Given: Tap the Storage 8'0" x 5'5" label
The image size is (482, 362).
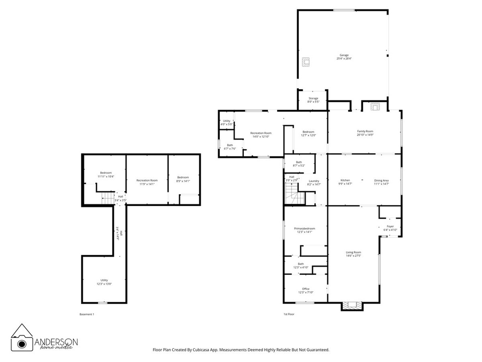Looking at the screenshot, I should coord(313,100).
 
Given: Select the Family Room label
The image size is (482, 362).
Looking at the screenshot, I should coord(365,133).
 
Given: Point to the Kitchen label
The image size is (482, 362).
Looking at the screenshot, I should coord(345,182).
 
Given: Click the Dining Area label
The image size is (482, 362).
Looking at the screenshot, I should coord(381,182).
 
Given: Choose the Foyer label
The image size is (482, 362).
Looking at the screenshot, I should coord(390,228).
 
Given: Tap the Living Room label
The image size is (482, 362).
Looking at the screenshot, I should coord(353,254).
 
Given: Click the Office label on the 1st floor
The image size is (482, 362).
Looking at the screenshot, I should coord(305,290).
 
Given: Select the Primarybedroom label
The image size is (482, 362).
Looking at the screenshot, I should coord(305,230).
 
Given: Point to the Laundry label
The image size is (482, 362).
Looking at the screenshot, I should coord(314,182).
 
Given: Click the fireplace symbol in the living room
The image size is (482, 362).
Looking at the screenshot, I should coord(352,305).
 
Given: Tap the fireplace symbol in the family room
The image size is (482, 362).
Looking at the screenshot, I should coord(375,107).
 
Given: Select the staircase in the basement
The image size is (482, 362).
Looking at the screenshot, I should coord(108,198).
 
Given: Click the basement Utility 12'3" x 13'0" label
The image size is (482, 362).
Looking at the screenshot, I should coord(104,282).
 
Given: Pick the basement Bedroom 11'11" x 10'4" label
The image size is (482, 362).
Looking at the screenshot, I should coord(106,174).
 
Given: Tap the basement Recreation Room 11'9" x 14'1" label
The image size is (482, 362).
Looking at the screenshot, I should coord(147,182).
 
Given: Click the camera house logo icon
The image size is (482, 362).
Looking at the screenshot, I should coord(22,337).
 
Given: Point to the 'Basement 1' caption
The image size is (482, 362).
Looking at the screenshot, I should coord(87,314).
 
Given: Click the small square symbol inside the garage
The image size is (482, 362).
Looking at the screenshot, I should coord(306,61).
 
